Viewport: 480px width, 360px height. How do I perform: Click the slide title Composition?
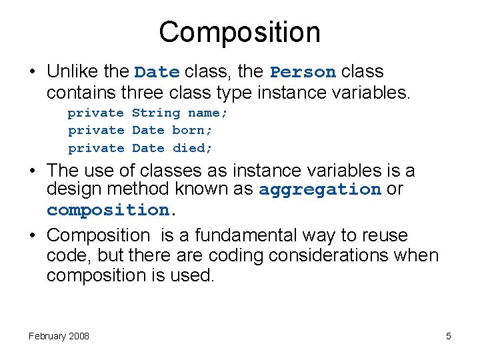click(x=239, y=32)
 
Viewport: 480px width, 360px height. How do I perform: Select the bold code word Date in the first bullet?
click(x=157, y=72)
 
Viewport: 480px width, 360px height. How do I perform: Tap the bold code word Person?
click(x=303, y=72)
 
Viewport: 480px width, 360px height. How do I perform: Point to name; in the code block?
click(x=207, y=113)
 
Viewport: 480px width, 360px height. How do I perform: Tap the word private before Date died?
click(x=96, y=148)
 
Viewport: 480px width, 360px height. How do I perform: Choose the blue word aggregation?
click(x=319, y=190)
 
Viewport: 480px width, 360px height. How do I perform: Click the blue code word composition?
click(x=108, y=210)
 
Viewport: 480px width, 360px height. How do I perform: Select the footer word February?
click(x=47, y=336)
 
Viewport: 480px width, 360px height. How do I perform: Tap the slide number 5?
click(x=449, y=336)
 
